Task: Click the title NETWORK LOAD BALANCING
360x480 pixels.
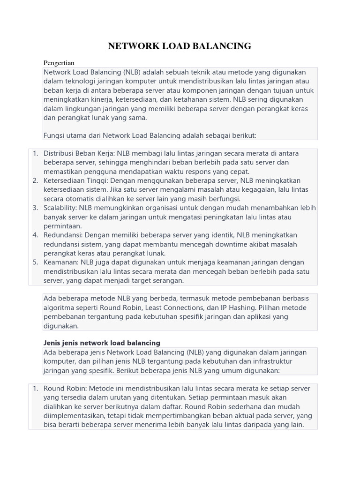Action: coord(180,46)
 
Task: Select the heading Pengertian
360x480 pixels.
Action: coord(59,63)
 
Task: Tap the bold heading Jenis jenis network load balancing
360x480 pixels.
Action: coord(102,343)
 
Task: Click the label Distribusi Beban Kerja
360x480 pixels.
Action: coord(79,153)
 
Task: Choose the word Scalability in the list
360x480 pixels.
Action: coord(60,208)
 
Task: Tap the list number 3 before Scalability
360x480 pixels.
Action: coord(35,208)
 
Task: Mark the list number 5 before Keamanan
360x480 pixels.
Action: coord(35,262)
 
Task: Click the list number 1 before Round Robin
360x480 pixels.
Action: coord(35,389)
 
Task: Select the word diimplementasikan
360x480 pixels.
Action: coord(75,416)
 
